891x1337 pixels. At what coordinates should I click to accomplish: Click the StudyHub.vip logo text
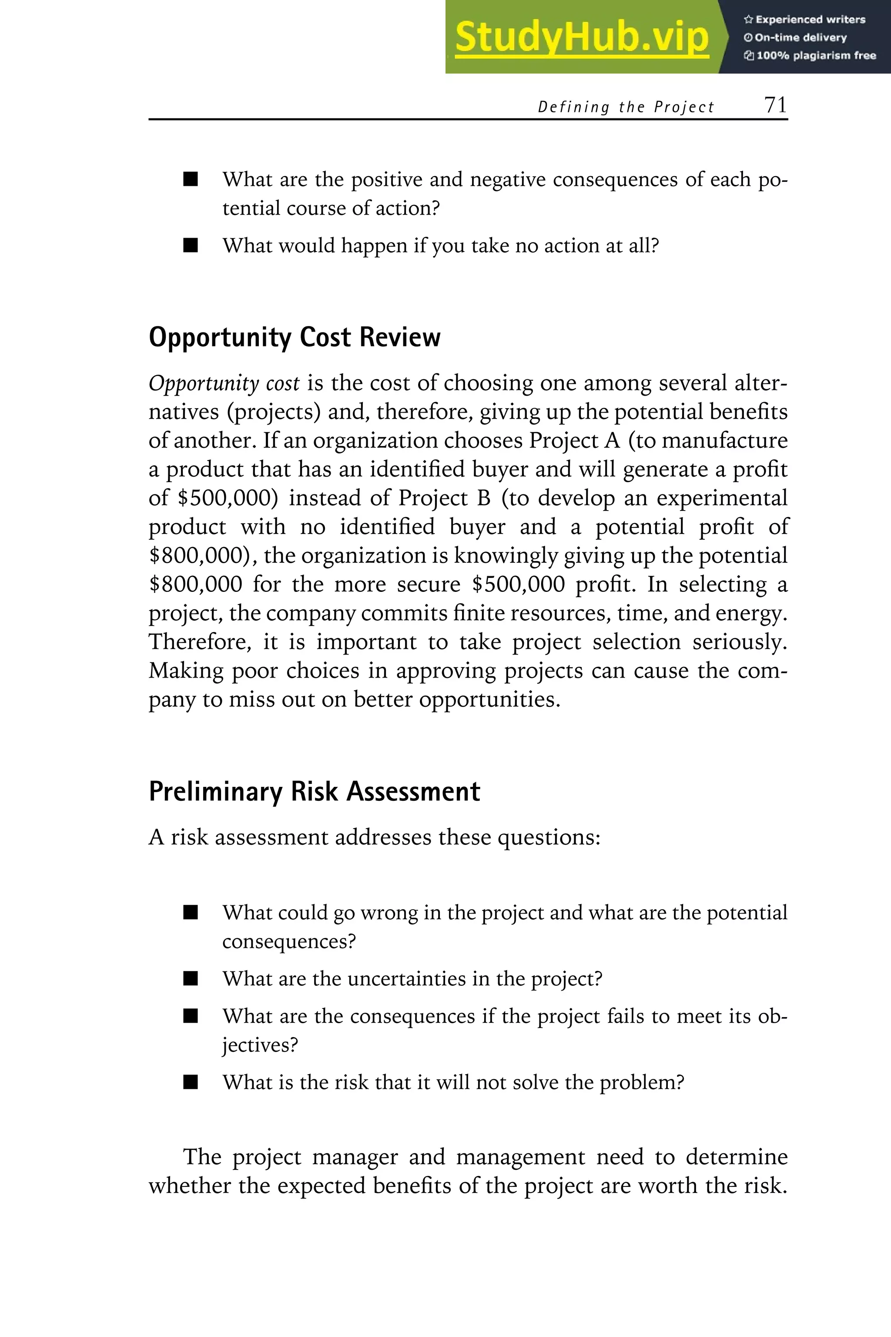click(582, 37)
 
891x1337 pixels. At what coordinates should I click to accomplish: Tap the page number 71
click(775, 105)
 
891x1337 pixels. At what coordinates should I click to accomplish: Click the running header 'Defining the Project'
click(626, 107)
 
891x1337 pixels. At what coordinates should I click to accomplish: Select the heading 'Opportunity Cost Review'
click(295, 337)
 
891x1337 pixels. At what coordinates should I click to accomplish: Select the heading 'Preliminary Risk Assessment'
click(314, 791)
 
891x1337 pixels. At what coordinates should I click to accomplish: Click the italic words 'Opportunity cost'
click(224, 384)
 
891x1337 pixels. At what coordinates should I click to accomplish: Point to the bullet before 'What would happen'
click(191, 245)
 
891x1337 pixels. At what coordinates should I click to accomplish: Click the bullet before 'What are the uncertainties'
click(191, 979)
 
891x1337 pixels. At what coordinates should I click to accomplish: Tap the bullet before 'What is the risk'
click(191, 1082)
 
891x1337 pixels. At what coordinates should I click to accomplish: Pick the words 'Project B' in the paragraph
click(444, 498)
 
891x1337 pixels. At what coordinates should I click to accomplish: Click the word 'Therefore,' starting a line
click(199, 642)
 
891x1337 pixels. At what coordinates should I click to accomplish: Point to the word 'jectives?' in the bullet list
click(260, 1045)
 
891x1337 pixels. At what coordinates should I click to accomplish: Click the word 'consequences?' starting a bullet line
click(289, 941)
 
